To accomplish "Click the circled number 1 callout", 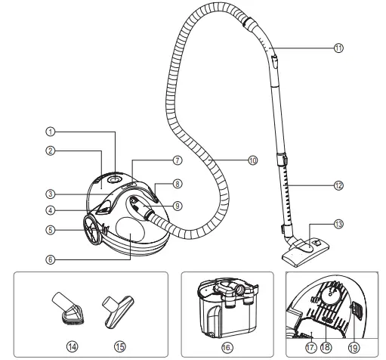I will click(x=48, y=132).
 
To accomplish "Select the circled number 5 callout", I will click(x=48, y=230).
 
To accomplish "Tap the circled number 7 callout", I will click(x=177, y=160).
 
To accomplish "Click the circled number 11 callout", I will click(x=339, y=47).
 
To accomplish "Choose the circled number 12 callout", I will click(x=339, y=184).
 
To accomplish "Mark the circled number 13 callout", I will click(x=339, y=225).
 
